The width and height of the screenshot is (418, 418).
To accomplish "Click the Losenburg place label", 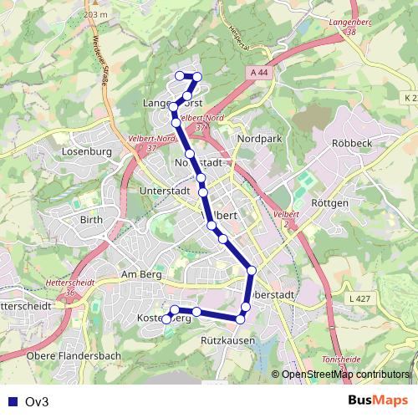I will coord(87,152).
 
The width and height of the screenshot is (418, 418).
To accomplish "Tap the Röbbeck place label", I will coord(352,143).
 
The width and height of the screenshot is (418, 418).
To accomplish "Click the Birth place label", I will coord(90,220).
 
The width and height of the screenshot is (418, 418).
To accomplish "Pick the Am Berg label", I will coord(140,274).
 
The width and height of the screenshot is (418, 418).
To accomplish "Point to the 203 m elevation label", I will coord(97,15).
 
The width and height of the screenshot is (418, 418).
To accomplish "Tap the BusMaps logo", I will coord(379,400).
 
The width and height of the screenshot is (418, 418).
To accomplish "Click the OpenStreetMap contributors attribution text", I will coord(345,375).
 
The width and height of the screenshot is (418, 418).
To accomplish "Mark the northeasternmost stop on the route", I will coord(198,77).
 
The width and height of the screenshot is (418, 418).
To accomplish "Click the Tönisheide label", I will coord(330,359).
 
